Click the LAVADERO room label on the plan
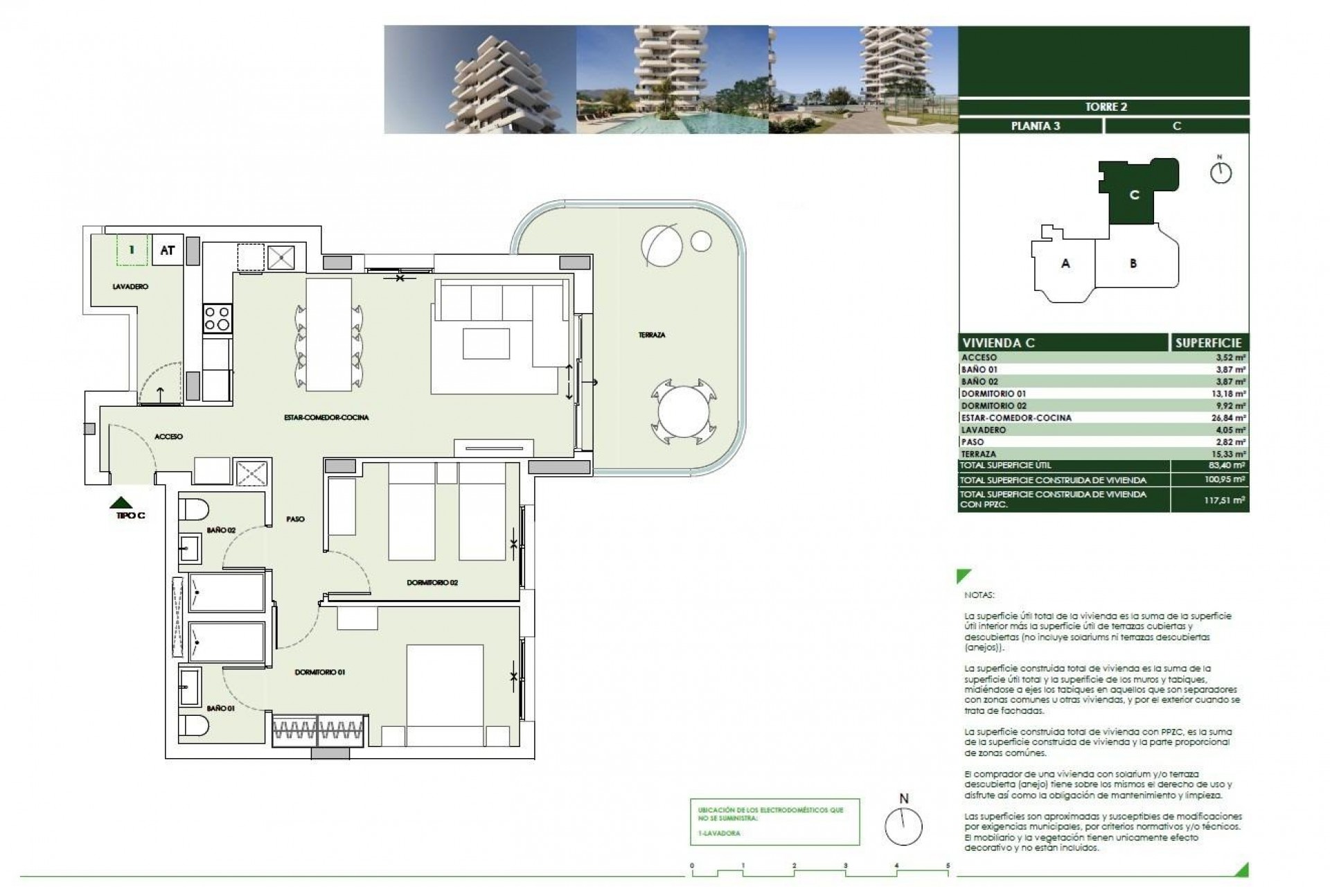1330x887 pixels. pyautogui.click(x=130, y=286)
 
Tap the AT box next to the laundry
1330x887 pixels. pyautogui.click(x=167, y=250)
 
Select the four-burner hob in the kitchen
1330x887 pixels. pyautogui.click(x=216, y=319)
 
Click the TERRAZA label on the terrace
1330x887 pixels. pyautogui.click(x=651, y=335)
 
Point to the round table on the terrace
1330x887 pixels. pyautogui.click(x=680, y=414)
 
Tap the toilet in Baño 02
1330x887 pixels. pyautogui.click(x=194, y=509)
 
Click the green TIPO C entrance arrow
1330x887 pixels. pyautogui.click(x=122, y=502)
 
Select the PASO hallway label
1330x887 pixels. pyautogui.click(x=295, y=519)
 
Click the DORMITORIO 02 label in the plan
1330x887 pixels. pyautogui.click(x=432, y=583)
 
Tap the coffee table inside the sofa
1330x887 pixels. pyautogui.click(x=486, y=343)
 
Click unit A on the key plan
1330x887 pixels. pyautogui.click(x=1065, y=263)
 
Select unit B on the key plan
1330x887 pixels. pyautogui.click(x=1133, y=263)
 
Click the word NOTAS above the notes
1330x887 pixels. pyautogui.click(x=978, y=595)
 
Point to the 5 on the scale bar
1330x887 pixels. pyautogui.click(x=948, y=866)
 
